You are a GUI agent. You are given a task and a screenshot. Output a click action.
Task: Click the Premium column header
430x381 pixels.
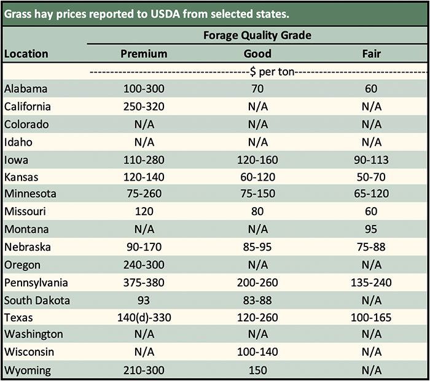144,53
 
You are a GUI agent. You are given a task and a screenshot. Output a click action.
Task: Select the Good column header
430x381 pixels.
257,53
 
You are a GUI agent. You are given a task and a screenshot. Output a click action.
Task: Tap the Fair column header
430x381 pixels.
371,53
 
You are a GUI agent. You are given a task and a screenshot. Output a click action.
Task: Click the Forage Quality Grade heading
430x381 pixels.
257,35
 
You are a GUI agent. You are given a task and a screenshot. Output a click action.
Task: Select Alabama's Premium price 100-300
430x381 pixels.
144,89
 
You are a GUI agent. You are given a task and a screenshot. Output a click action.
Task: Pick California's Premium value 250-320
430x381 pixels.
144,106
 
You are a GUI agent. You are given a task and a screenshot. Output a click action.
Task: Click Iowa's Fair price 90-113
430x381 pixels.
371,160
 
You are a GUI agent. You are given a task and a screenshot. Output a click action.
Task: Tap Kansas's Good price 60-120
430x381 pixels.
257,177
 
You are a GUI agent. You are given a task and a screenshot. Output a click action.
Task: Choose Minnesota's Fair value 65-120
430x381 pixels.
371,194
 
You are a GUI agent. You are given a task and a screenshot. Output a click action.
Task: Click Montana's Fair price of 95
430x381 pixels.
371,230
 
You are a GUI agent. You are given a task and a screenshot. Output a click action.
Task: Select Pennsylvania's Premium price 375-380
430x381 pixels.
144,283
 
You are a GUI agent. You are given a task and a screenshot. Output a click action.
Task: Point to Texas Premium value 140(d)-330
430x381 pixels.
144,318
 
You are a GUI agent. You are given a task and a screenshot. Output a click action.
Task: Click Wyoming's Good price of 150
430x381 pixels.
257,371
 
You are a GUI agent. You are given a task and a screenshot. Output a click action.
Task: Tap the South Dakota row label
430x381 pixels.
37,300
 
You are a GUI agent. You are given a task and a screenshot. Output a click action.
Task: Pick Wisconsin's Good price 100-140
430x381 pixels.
257,353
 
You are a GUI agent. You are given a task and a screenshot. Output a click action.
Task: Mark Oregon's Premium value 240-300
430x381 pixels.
144,265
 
